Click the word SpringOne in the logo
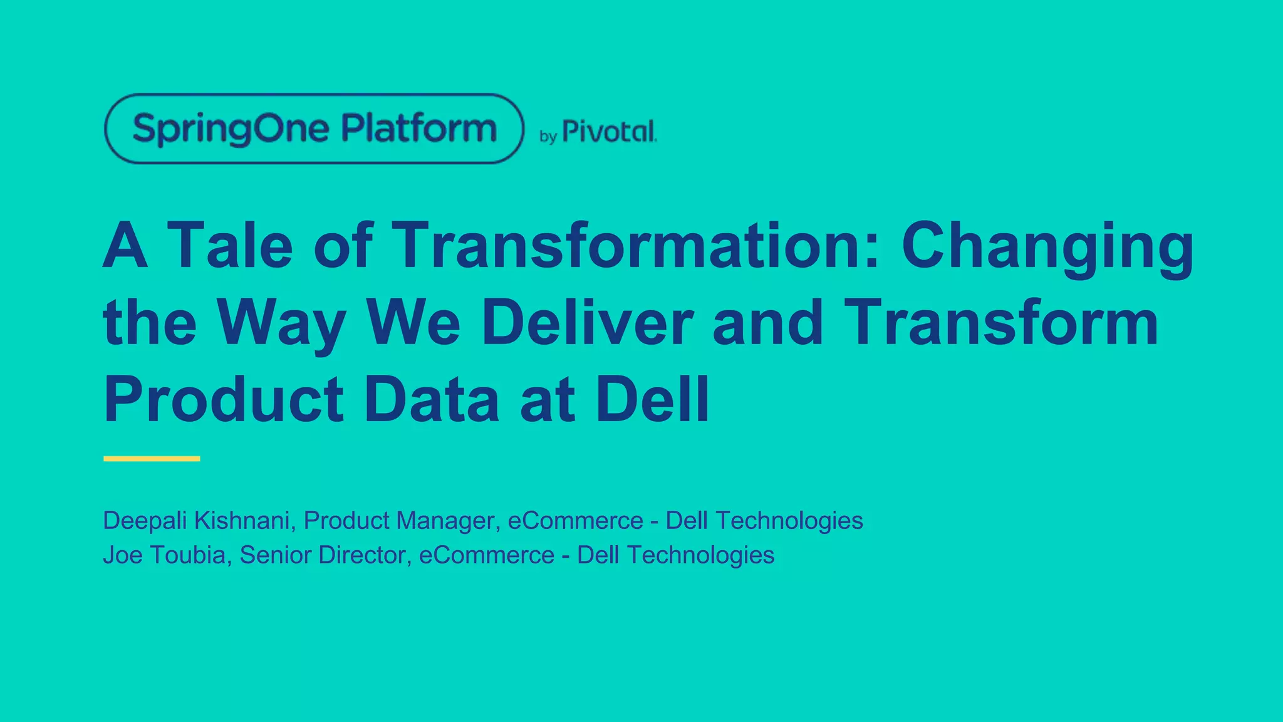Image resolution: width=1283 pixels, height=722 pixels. [x=231, y=129]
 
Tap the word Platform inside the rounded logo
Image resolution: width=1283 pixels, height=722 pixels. [x=418, y=128]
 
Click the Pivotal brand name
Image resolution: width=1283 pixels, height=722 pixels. [x=609, y=132]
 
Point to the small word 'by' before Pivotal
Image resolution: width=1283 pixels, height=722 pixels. [x=548, y=137]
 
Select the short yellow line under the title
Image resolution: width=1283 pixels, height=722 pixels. [x=152, y=459]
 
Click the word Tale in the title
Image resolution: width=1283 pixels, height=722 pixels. [x=230, y=245]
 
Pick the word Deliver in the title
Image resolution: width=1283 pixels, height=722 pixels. [x=587, y=322]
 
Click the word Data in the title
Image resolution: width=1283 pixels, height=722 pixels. [x=432, y=399]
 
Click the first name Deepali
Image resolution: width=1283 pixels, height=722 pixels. [x=145, y=521]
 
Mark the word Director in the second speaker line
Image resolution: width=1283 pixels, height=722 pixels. [x=365, y=555]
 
